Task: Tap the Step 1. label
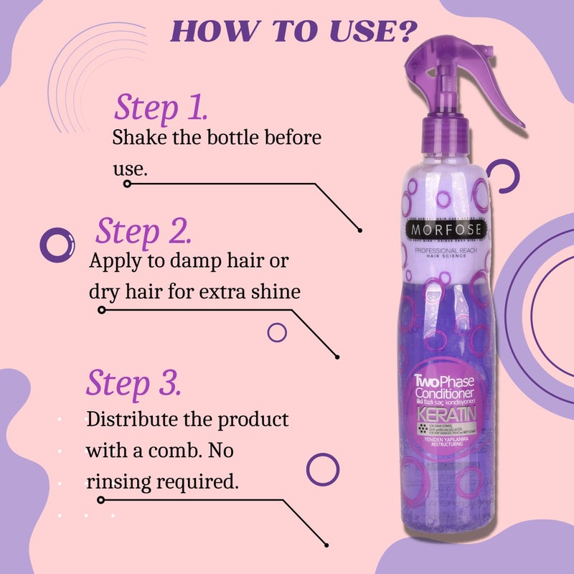(161, 107)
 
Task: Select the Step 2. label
(143, 231)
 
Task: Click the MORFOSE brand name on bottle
(448, 230)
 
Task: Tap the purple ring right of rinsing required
(322, 469)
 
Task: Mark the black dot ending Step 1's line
(360, 230)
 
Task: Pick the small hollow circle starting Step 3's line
(100, 499)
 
